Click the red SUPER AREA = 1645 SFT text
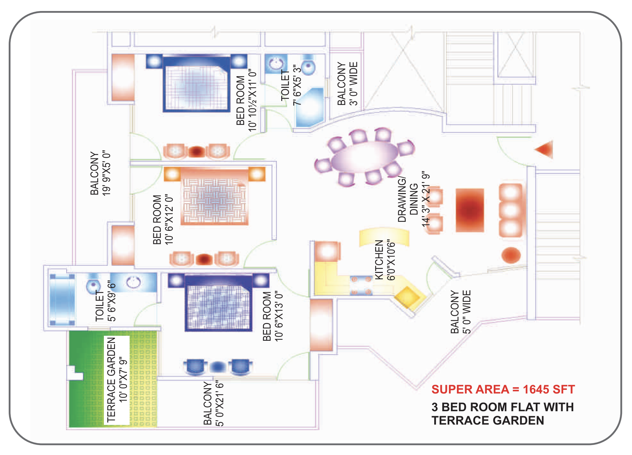[503, 389]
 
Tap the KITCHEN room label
[379, 260]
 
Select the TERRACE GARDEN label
[111, 380]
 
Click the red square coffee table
[470, 210]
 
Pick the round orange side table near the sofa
[511, 255]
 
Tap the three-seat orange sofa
[511, 210]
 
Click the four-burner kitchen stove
[361, 285]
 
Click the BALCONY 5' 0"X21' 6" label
[213, 404]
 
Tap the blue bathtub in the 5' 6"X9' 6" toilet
[62, 300]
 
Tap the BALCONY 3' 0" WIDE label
[347, 84]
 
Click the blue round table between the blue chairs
[218, 367]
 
